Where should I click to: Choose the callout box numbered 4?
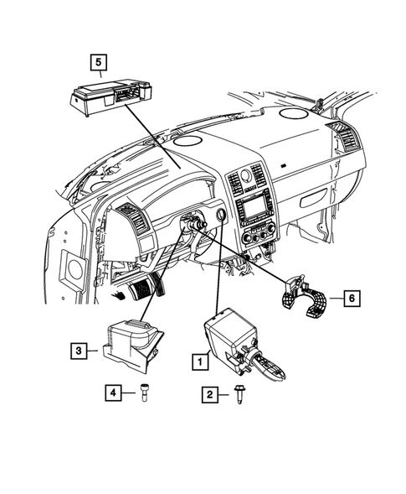coord(110,391)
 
